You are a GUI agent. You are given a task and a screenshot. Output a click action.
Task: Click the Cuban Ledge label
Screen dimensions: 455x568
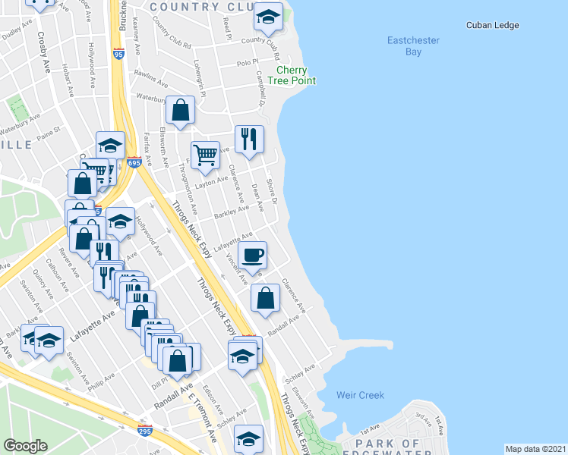[x=493, y=25]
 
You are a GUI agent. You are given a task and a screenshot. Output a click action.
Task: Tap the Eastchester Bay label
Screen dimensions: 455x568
[x=413, y=46]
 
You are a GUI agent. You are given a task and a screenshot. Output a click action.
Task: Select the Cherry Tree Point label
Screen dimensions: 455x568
[x=295, y=75]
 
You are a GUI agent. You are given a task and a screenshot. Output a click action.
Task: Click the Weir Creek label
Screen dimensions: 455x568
[x=361, y=395]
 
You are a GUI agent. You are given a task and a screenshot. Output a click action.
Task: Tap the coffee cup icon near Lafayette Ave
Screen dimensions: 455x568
[x=253, y=254]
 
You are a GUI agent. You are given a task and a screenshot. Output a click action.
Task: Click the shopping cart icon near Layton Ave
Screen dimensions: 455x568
[x=205, y=155]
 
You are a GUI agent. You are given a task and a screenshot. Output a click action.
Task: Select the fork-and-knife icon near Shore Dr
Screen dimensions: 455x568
[x=249, y=139]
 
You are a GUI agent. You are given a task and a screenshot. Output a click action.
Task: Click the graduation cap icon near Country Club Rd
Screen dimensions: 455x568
[x=267, y=16]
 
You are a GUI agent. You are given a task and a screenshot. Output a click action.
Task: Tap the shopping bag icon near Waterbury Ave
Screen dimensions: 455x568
[x=181, y=110]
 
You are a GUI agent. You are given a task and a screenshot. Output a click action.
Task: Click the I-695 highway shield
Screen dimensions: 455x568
[x=134, y=162]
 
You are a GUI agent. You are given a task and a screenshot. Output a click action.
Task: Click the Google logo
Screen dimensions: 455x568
[x=25, y=446]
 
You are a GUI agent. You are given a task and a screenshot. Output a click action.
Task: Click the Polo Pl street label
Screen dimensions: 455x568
[x=248, y=64]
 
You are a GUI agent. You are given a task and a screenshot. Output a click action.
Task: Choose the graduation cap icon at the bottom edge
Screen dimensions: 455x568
[x=248, y=438]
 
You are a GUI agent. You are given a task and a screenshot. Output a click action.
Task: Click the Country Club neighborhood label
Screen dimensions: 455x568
[x=201, y=7]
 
